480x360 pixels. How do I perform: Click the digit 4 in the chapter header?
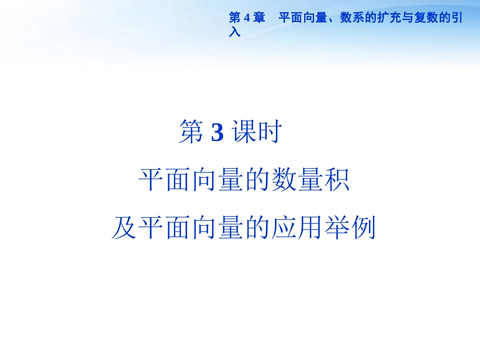[x=247, y=19]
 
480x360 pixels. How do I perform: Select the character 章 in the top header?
[x=259, y=19]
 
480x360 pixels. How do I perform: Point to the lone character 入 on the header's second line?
[x=234, y=31]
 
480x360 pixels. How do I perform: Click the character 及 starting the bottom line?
[x=124, y=228]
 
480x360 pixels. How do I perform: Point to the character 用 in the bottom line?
[x=310, y=228]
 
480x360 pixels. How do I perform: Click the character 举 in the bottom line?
[x=336, y=228]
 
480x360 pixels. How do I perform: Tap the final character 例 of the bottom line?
[x=363, y=228]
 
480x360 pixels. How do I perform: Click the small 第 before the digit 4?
[x=235, y=19]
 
